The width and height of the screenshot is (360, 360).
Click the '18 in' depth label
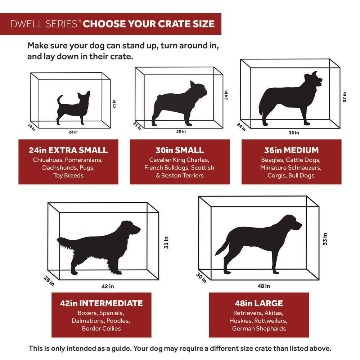point(31,127)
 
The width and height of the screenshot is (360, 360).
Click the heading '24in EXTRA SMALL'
point(68,150)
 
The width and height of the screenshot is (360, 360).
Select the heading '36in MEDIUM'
point(291,150)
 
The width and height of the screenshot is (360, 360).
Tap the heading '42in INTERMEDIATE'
point(101,303)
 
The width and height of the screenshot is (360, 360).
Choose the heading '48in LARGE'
point(259,303)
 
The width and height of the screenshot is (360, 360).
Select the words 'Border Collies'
point(101,328)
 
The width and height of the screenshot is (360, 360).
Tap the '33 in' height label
point(325,239)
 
